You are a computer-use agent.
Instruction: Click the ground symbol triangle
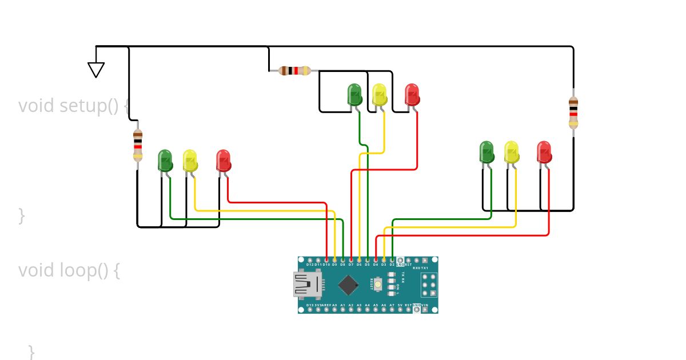point(96,69)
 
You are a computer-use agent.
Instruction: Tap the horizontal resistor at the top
point(294,71)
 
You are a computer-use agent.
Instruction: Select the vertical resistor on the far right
point(573,113)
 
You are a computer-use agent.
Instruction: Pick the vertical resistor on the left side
point(138,145)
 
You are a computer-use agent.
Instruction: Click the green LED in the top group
point(355,94)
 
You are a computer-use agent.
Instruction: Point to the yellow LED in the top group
point(379,94)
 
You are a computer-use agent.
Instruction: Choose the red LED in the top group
point(412,94)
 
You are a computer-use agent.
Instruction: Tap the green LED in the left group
point(165,160)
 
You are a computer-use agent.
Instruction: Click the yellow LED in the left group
point(190,160)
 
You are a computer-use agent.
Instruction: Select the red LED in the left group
point(223,160)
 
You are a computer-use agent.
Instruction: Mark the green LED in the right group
point(486,152)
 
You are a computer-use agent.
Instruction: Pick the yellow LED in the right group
point(511,152)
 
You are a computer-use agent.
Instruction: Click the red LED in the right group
point(544,152)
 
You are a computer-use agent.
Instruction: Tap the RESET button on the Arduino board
point(378,284)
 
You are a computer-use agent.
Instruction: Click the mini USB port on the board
point(306,285)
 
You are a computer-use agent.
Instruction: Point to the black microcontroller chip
point(348,285)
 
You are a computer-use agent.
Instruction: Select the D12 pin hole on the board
point(310,261)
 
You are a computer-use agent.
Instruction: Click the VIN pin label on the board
point(424,306)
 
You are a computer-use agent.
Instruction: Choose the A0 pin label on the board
point(334,306)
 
